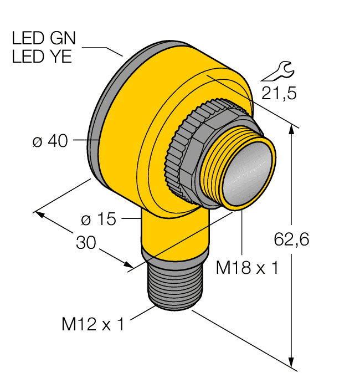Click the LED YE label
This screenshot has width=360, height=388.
coord(42,57)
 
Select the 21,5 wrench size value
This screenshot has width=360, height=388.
coord(279,93)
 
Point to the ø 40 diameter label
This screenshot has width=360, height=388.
coord(50,141)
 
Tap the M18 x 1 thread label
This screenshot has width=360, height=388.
coord(246,268)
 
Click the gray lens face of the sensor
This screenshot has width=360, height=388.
coord(248,172)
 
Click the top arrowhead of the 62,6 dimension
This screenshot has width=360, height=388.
coord(291,130)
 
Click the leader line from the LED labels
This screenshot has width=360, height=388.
coord(105,49)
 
